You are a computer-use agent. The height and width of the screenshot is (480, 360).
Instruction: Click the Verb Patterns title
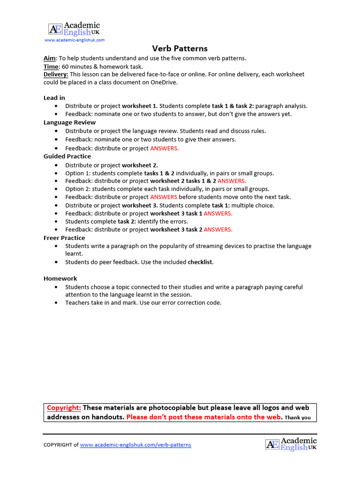180,49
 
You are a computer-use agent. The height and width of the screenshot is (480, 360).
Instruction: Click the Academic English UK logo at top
74,29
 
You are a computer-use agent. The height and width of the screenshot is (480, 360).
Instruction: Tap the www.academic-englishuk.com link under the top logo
75,40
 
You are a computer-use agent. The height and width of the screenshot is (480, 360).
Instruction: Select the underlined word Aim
49,58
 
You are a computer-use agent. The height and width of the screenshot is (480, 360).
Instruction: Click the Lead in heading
54,98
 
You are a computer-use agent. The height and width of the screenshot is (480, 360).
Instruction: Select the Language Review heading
69,122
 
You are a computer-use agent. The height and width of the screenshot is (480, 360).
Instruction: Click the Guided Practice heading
67,156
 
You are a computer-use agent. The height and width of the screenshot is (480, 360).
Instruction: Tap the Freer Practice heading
64,238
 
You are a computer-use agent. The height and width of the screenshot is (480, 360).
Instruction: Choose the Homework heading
60,278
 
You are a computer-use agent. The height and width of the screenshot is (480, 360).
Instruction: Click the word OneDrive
162,82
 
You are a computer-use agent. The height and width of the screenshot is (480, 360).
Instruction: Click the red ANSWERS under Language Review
165,148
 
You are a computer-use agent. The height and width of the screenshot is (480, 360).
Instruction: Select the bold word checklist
200,262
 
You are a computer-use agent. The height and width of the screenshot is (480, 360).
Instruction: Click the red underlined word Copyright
64,408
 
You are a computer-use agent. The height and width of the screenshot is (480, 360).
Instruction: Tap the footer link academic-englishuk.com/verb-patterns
135,445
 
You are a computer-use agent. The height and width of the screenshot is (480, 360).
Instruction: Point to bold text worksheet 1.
140,106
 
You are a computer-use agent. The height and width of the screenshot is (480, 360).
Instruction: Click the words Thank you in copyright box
298,418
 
